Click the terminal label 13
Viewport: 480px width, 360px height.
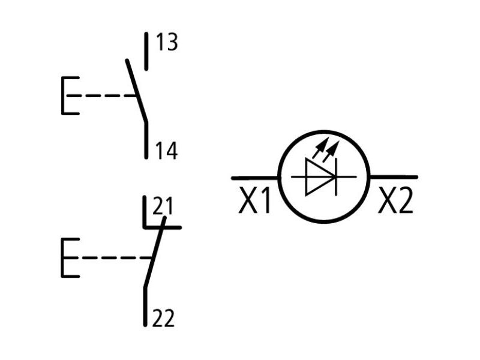pos(167,42)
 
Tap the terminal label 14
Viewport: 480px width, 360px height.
pos(167,151)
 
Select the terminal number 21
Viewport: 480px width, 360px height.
pos(163,206)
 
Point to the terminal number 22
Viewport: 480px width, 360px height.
pos(163,319)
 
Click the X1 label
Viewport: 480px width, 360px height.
pos(254,200)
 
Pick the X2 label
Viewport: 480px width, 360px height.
pos(396,200)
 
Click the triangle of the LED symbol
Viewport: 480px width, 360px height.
pos(319,176)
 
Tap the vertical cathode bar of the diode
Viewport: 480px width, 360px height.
pos(336,176)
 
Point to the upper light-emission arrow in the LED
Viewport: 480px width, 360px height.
pos(320,148)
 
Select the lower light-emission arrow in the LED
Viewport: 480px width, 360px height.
pos(331,151)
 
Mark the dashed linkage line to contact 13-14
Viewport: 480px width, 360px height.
pos(101,95)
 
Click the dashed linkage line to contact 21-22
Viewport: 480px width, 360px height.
pos(116,258)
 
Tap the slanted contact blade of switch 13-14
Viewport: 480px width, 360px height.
pos(137,91)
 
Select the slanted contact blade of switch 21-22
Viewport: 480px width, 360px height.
pos(155,252)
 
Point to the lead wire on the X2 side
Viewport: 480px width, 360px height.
pos(394,177)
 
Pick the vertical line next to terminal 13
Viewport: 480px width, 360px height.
pos(146,52)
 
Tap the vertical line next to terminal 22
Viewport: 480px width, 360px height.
pos(145,307)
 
